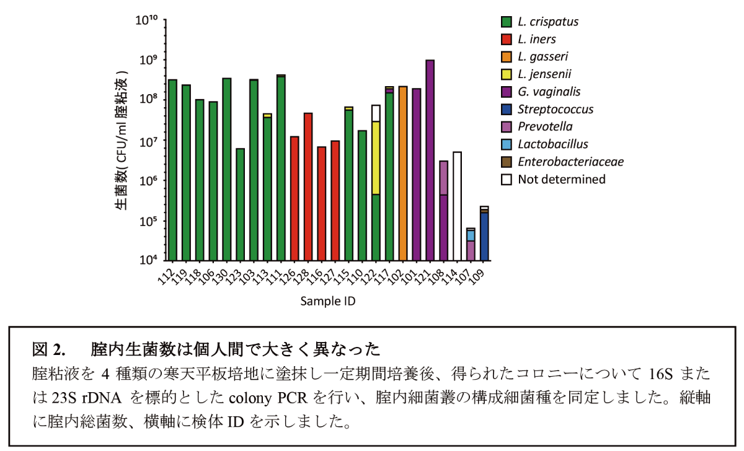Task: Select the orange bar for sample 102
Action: click(x=403, y=173)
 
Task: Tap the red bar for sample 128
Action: click(x=308, y=186)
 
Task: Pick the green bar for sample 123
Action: click(x=241, y=204)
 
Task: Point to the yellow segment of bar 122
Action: click(x=376, y=157)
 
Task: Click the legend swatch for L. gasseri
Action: click(x=507, y=56)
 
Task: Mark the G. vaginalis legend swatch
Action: click(x=507, y=92)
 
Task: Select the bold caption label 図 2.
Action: click(x=48, y=350)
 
